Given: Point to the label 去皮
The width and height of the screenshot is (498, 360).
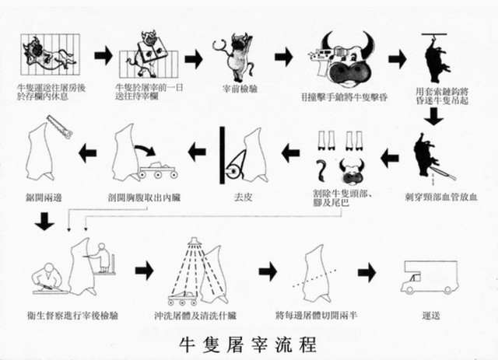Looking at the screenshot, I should (243, 197).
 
